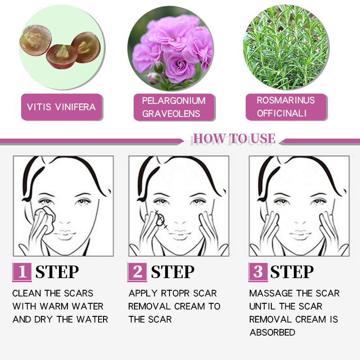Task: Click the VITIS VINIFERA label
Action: point(62,107)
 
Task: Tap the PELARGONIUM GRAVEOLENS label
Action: point(174,107)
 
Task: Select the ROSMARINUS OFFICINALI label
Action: point(286,107)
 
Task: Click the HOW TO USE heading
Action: point(234,139)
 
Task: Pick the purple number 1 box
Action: point(22,272)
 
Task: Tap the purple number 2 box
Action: point(137,272)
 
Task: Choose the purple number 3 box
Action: point(258,272)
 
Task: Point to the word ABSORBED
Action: point(273,332)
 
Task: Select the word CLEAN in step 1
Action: point(27,293)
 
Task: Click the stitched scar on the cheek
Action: point(161,220)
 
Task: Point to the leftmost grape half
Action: point(36,40)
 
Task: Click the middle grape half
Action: point(62,57)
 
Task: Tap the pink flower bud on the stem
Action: point(153,78)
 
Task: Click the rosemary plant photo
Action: point(286,47)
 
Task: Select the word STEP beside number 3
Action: point(292,272)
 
